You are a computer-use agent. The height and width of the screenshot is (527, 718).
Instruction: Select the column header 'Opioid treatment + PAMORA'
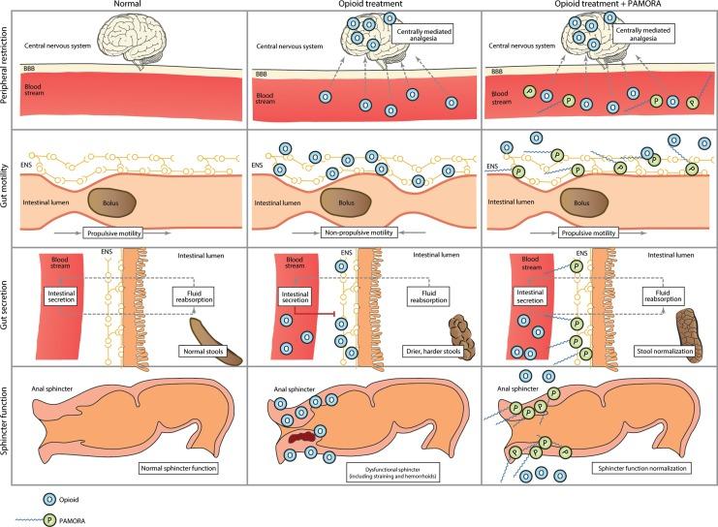coord(598,7)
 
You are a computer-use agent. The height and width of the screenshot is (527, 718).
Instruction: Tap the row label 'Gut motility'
coord(9,187)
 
